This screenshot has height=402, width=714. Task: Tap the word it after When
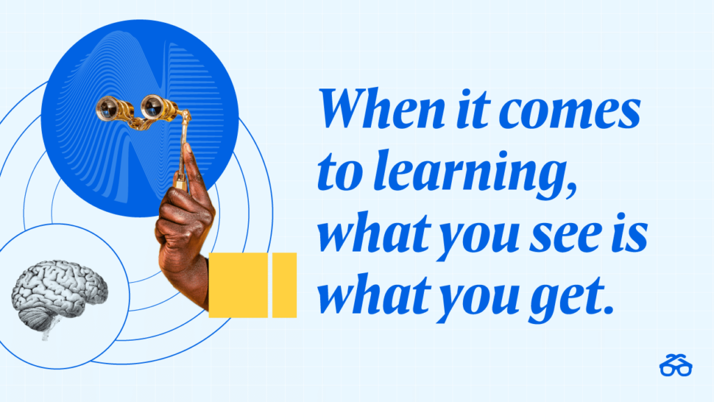pos(473,109)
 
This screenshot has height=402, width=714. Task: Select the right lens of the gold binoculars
pos(153,107)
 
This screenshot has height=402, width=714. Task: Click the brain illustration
pos(59,294)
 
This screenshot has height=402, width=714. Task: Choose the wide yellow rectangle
pos(238,285)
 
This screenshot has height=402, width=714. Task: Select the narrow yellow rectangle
pos(284,285)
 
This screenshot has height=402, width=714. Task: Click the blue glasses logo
pos(676,364)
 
